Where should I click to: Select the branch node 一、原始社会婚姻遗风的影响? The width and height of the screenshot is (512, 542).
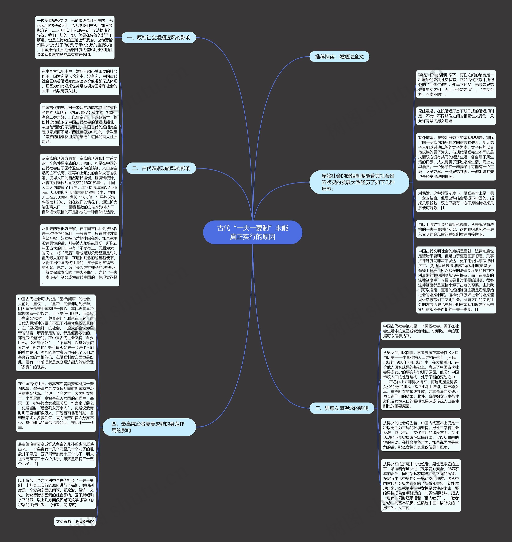159,38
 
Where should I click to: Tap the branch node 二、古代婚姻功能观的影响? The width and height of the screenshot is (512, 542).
161,168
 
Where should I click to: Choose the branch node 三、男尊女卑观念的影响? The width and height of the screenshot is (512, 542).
341,408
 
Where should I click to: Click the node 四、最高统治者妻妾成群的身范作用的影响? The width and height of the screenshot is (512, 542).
149,427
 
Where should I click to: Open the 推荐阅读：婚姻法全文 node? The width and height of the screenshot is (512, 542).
339,57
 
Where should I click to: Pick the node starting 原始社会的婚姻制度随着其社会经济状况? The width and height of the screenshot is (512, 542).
359,182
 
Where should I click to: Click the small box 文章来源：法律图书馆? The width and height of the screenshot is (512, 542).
75,522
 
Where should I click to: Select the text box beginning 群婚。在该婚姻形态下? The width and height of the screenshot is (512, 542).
456,84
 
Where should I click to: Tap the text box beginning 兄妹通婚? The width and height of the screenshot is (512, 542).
456,116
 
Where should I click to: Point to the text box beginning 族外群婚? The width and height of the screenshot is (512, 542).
456,157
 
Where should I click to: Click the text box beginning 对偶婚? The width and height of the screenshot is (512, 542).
456,200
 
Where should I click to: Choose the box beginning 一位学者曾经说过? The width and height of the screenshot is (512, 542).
75,37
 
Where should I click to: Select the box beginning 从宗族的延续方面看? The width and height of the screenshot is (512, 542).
79,185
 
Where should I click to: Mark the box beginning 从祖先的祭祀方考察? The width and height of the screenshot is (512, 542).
79,255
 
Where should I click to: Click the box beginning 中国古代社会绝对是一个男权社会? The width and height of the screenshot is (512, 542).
421,331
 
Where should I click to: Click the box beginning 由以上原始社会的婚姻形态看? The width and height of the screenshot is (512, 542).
456,229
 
